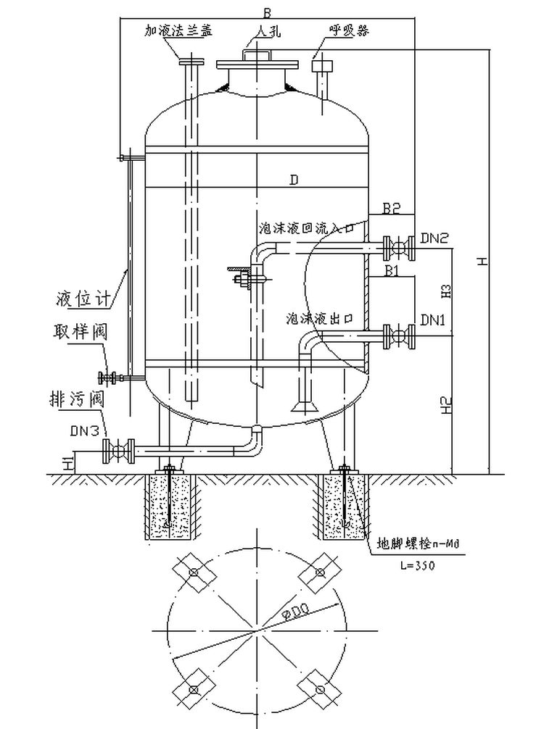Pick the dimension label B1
392,271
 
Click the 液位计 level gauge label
84,298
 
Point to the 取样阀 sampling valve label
81,333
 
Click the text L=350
417,566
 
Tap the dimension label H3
448,291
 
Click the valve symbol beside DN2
398,249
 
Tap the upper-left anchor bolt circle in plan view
194,572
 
